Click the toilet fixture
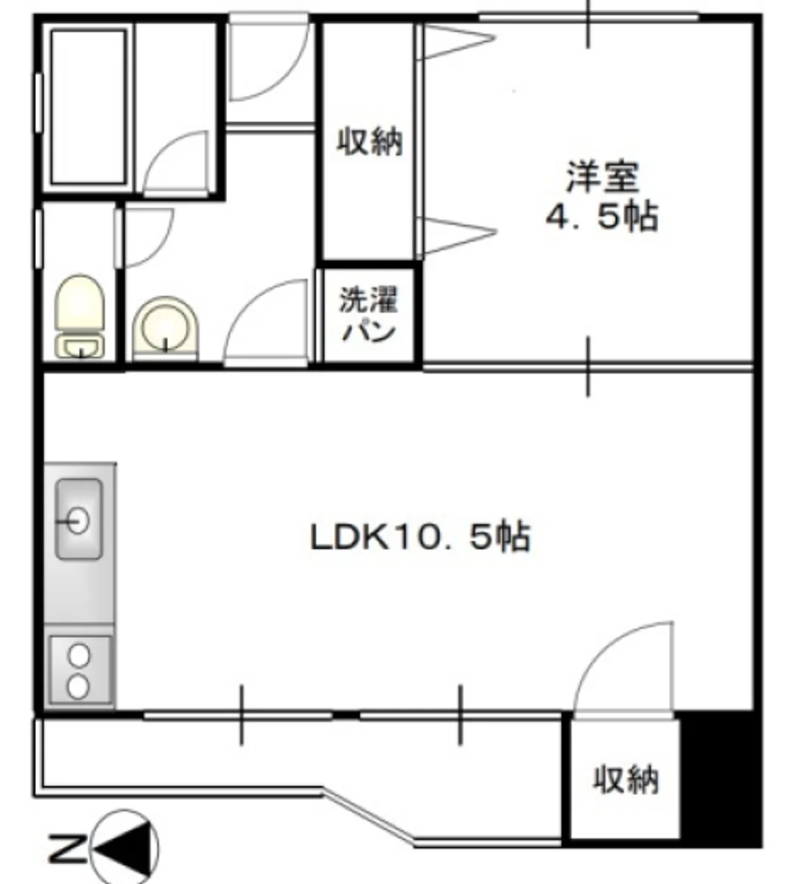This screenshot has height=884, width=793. coord(80,315)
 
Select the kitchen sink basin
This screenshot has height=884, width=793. coord(80,519)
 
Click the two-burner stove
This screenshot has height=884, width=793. coord(80,670)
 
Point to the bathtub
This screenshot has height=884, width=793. coord(88,107)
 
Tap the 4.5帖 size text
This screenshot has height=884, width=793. coord(601,217)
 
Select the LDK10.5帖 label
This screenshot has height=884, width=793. coord(420,537)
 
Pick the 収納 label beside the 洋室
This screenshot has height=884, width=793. coord(369,142)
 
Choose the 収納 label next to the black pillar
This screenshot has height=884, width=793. coord(625,779)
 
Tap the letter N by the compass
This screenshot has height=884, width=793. coord(67,841)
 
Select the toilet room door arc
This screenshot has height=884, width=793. coord(161,250)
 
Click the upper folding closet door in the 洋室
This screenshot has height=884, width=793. coord(456,41)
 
